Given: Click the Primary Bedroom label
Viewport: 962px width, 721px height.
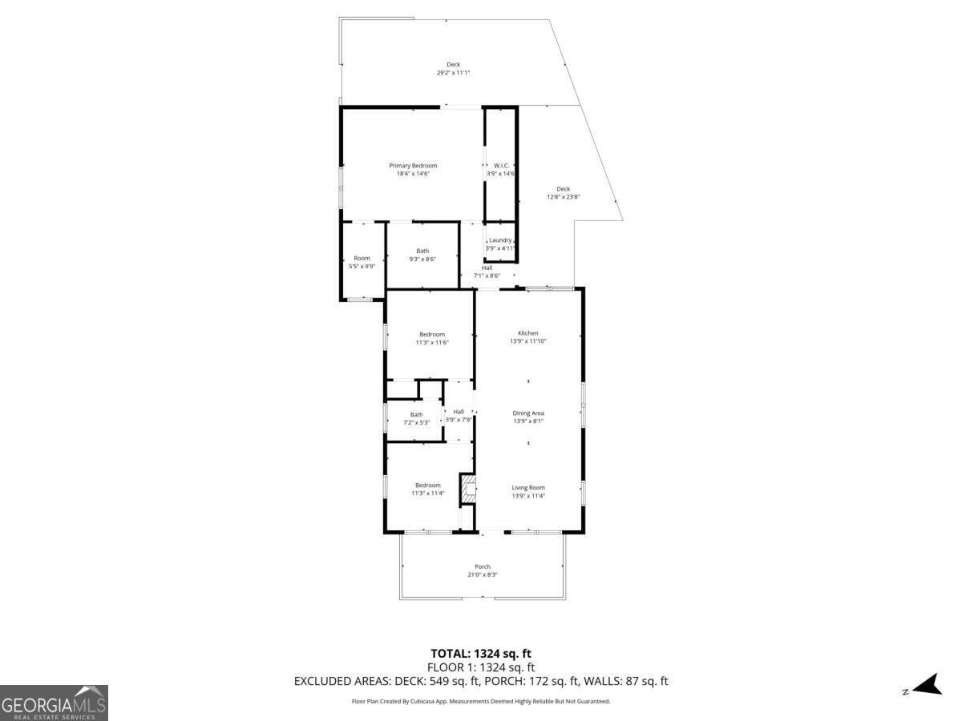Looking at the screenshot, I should pyautogui.click(x=413, y=170).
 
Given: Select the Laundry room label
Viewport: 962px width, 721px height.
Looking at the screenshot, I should pyautogui.click(x=500, y=244).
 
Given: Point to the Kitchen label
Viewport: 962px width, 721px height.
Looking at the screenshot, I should pyautogui.click(x=527, y=337).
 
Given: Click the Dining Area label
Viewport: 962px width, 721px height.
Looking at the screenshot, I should pyautogui.click(x=528, y=417).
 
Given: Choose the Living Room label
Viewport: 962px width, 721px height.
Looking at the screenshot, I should pyautogui.click(x=528, y=491).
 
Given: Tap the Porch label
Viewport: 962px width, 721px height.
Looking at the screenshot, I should pyautogui.click(x=482, y=570).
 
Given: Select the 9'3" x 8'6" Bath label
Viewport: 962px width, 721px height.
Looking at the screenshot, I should pyautogui.click(x=422, y=255).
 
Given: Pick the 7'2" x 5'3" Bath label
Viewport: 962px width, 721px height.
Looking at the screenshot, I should pyautogui.click(x=417, y=418).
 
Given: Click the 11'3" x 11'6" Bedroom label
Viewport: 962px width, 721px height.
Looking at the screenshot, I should pyautogui.click(x=431, y=338).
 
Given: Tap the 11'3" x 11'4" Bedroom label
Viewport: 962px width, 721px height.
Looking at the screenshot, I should pyautogui.click(x=427, y=489).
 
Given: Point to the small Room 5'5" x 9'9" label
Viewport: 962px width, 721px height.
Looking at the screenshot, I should pyautogui.click(x=362, y=262).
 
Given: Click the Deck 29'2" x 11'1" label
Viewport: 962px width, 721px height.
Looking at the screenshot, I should pyautogui.click(x=453, y=68).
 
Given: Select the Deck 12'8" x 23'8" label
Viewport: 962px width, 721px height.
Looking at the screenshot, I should pyautogui.click(x=563, y=193).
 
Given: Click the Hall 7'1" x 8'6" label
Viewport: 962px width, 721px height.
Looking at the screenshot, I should pyautogui.click(x=487, y=272).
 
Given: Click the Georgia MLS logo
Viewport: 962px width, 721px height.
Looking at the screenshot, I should pyautogui.click(x=54, y=703).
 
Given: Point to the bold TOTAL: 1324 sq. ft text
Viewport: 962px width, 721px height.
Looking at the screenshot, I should pyautogui.click(x=481, y=654).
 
